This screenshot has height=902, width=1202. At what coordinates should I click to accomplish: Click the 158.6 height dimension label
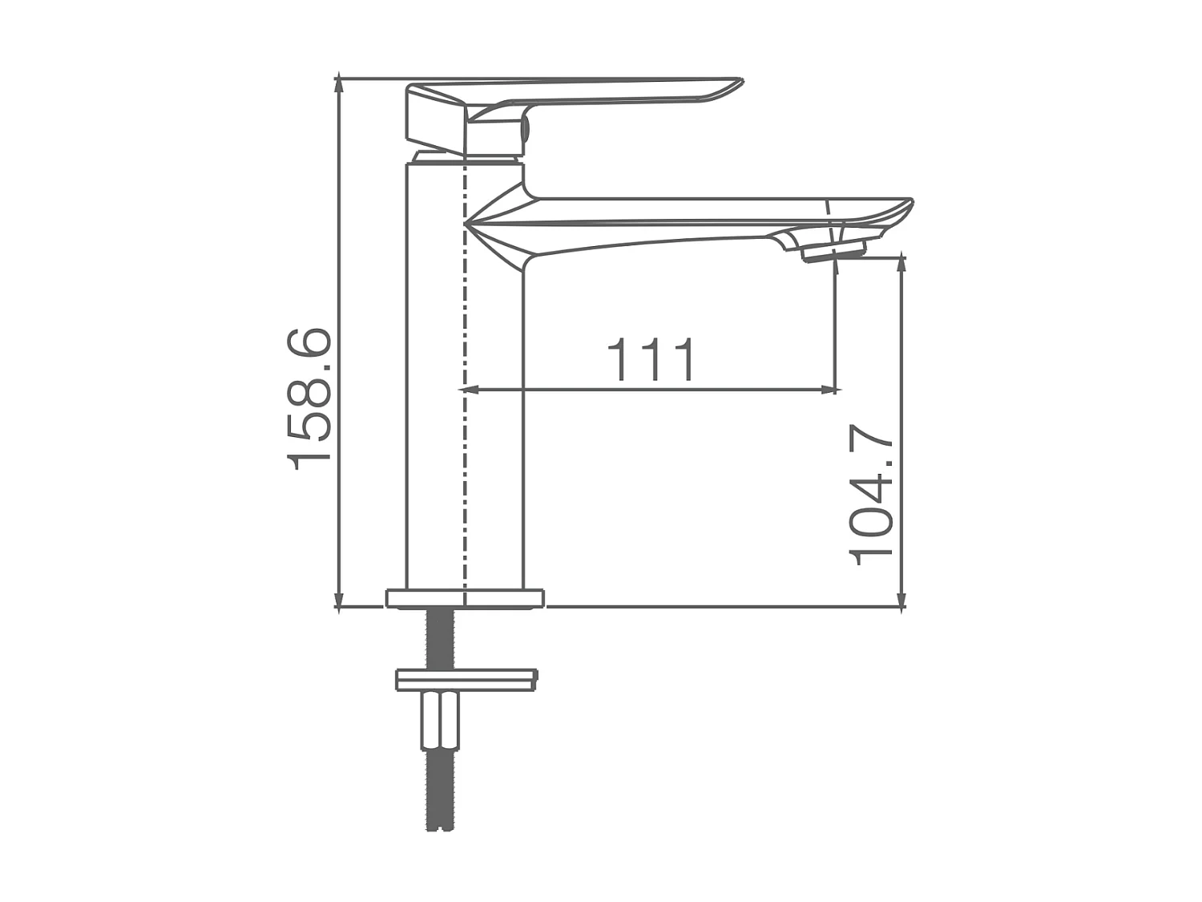pos(309,398)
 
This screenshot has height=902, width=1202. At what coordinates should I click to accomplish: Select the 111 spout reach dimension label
pos(651,360)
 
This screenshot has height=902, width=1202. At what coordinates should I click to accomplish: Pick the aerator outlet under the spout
pos(833,253)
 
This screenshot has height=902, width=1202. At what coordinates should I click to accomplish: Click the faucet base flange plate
pos(465,598)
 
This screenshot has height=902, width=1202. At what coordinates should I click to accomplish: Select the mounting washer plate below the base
pos(466,680)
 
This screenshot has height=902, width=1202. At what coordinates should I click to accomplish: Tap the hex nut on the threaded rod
pos(440,719)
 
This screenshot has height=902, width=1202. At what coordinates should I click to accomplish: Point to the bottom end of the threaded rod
pos(440,826)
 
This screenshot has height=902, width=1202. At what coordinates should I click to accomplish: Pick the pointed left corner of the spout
pos(468,220)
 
